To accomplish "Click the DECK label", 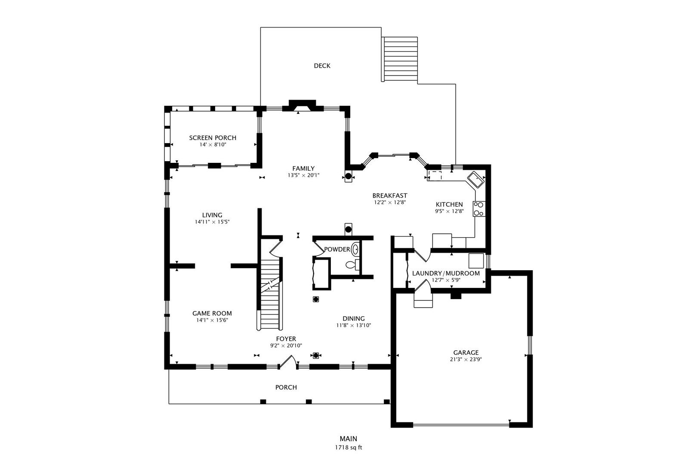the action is (x=322, y=66).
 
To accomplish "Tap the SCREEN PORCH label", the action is (x=213, y=137).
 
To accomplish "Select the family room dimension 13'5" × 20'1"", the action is (x=303, y=175).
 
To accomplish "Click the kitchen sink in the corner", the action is (x=476, y=180).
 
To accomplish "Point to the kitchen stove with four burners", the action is (x=479, y=209).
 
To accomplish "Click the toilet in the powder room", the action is (x=352, y=265).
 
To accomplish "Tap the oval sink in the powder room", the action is (x=355, y=249).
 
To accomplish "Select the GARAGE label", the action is (x=466, y=352).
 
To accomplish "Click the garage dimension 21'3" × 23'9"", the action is (x=466, y=359).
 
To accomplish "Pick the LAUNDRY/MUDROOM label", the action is (x=446, y=273).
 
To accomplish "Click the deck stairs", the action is (x=401, y=59).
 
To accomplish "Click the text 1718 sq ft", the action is (x=348, y=448).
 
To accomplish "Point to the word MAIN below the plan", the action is (x=348, y=439).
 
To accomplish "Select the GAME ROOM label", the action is (x=212, y=313).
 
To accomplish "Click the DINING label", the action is (x=354, y=318).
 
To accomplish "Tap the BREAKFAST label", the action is (x=389, y=195).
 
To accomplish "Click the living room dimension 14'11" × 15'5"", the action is (x=212, y=222).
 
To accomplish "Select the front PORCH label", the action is (x=286, y=387).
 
